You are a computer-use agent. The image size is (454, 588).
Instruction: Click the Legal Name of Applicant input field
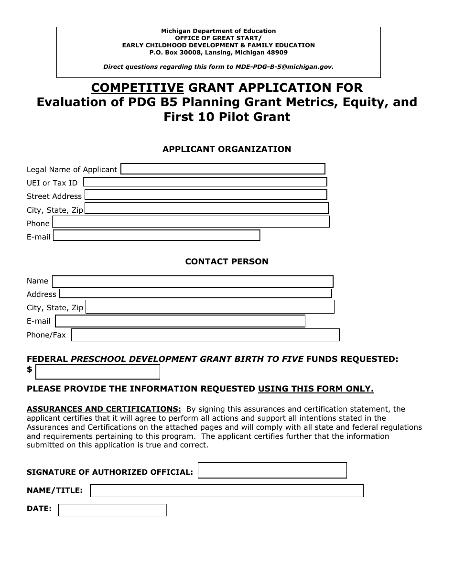click(x=223, y=169)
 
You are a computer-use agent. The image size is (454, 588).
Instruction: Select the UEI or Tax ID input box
click(x=205, y=182)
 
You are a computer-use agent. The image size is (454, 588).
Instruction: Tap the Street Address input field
click(x=205, y=195)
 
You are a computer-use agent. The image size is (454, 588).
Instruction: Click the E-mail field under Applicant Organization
click(x=156, y=236)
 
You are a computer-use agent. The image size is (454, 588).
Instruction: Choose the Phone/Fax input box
click(x=205, y=335)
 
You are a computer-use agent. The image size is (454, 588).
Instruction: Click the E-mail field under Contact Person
click(x=180, y=321)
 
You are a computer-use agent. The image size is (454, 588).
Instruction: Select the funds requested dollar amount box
click(x=98, y=372)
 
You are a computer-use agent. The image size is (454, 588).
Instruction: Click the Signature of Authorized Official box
click(x=272, y=470)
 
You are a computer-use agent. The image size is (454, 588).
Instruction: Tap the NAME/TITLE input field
click(x=227, y=491)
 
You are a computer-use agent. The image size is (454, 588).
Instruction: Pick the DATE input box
click(x=112, y=511)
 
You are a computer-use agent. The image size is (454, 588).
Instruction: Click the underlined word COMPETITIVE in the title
click(x=138, y=87)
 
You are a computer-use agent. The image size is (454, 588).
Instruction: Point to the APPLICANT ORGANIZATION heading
click(x=227, y=149)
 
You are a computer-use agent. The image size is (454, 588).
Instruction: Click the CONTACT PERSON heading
click(x=227, y=261)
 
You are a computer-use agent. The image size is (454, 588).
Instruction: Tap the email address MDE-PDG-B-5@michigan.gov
click(x=284, y=67)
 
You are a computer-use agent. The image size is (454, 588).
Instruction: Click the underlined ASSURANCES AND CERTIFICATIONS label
click(x=104, y=409)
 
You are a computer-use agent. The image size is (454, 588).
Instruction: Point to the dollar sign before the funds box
click(x=30, y=370)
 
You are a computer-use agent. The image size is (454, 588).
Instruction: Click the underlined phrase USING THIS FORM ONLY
click(x=315, y=389)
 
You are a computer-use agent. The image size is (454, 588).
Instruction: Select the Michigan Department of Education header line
click(x=218, y=31)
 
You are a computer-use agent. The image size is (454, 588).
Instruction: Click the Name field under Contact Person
click(x=193, y=282)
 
